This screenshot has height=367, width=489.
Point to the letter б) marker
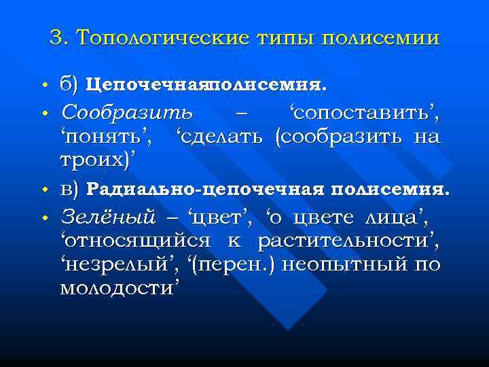pos(71,85)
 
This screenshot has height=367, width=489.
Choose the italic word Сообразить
pos(126,111)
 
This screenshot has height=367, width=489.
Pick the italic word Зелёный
pos(108,217)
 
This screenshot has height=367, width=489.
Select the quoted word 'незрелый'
pos(111,264)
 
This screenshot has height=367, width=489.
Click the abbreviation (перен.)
pos(225,264)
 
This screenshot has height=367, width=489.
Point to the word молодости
pos(120,288)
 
